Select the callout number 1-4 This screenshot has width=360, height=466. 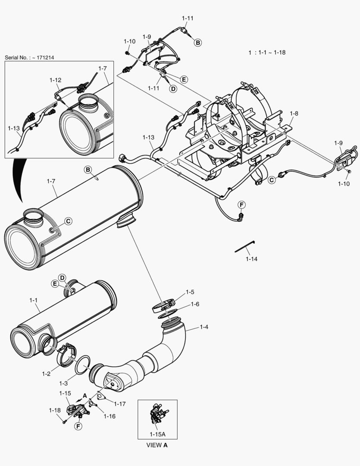(x=204, y=327)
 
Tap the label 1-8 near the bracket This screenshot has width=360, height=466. (x=294, y=113)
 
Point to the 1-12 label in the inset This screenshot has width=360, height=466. (x=55, y=80)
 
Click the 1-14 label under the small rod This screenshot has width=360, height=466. (x=252, y=259)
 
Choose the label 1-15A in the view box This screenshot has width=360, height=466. (x=157, y=434)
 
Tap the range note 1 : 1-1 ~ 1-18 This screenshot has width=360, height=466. (x=267, y=52)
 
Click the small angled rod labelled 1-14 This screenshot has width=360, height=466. (x=244, y=247)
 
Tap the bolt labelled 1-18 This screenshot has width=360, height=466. (x=64, y=421)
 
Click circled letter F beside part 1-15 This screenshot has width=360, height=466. (x=78, y=426)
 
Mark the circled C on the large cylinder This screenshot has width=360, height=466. (x=68, y=221)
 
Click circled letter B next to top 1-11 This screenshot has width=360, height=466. (x=197, y=42)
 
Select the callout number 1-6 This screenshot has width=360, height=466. (x=195, y=304)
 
